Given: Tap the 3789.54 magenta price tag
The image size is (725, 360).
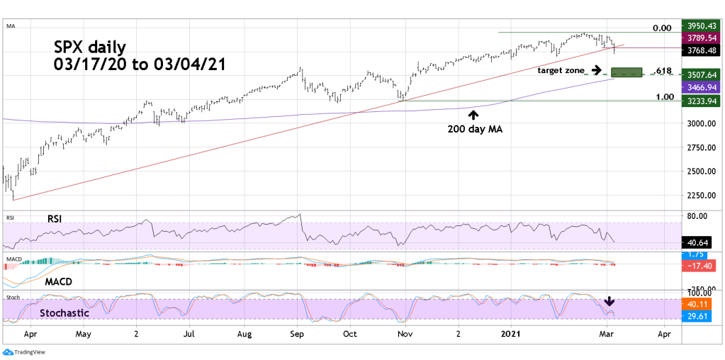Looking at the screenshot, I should (697, 38).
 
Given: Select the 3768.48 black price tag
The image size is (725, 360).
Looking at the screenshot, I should (697, 50).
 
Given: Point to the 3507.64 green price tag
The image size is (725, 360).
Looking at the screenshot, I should (697, 74).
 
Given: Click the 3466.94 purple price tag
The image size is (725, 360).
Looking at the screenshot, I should (697, 86).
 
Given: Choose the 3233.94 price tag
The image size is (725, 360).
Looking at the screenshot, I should (697, 101).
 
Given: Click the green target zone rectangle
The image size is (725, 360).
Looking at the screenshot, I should (626, 72).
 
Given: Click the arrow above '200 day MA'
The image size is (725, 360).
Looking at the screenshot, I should (473, 114).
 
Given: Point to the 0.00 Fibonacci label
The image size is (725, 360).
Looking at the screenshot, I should (662, 28).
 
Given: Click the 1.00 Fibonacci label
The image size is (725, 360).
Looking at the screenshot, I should (663, 96).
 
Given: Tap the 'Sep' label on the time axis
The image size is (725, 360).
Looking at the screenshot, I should (298, 332).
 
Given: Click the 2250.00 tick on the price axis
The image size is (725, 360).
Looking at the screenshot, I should (696, 195).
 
